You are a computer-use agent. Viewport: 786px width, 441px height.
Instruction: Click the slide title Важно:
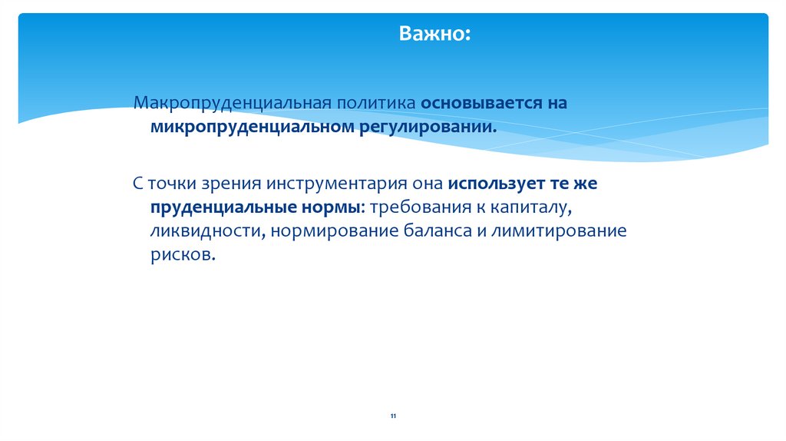tap(434, 35)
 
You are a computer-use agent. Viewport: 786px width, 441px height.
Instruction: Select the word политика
tap(375, 103)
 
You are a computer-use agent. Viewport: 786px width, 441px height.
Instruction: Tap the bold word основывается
tap(471, 103)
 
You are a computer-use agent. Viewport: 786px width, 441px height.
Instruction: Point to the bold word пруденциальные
tap(218, 207)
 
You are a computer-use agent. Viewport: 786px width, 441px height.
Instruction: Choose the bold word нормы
tap(329, 207)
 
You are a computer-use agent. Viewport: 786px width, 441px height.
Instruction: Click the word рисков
tap(181, 254)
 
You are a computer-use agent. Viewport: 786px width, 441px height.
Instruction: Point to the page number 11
tap(393, 416)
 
